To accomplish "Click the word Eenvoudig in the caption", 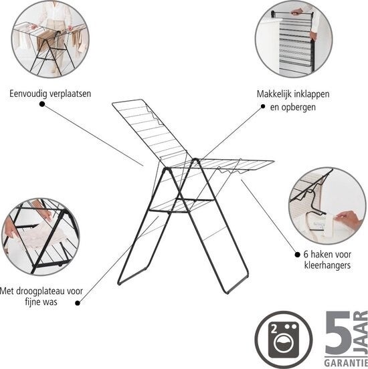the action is [x=29, y=94].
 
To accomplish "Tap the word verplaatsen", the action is [x=70, y=94].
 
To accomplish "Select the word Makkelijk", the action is [x=274, y=94].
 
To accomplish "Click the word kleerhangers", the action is [x=327, y=265].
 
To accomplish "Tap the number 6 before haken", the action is [x=306, y=255].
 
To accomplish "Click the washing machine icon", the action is [x=284, y=340].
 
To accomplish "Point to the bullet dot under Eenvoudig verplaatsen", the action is [x=42, y=104].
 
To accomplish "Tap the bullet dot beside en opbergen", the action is [x=263, y=106].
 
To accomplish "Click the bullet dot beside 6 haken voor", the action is [x=297, y=255].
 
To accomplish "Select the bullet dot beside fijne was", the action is [x=78, y=303].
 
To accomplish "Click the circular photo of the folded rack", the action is [x=294, y=39].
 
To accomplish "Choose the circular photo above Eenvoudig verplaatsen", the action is [x=50, y=39].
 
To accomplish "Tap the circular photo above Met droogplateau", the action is [x=41, y=237].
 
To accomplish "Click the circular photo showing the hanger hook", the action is [x=327, y=206].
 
